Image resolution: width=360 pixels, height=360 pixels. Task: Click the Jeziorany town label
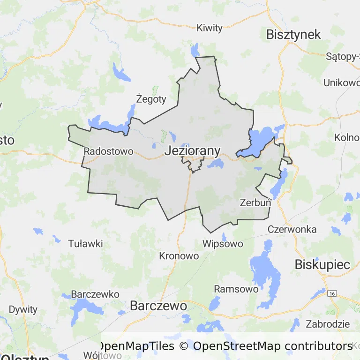(x=192, y=151)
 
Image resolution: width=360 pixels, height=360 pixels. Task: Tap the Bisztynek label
(x=293, y=34)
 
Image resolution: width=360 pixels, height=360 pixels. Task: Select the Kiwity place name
(x=210, y=28)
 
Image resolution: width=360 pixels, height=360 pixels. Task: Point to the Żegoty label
(x=151, y=99)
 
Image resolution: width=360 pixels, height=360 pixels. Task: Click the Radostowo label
(x=108, y=151)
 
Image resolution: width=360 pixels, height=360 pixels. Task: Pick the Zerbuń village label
(x=255, y=203)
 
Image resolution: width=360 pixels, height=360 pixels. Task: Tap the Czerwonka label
(x=292, y=229)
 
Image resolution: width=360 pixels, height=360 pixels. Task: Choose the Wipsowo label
(x=223, y=244)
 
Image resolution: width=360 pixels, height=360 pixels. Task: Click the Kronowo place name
(x=179, y=256)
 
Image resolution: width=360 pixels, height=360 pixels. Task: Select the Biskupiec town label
(x=322, y=264)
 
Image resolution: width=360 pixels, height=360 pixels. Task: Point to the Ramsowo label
(x=236, y=289)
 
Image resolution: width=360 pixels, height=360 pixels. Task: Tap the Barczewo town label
(x=158, y=306)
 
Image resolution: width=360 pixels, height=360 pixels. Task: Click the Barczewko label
(x=95, y=294)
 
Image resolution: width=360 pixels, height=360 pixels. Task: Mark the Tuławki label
(x=85, y=244)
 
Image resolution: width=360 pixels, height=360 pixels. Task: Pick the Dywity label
(x=23, y=309)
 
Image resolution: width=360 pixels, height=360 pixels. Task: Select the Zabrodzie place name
(x=328, y=324)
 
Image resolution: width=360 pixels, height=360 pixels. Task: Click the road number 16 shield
(x=332, y=293)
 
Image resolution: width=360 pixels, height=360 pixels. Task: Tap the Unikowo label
(x=341, y=83)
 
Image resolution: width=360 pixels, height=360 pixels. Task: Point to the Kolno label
(x=346, y=138)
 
